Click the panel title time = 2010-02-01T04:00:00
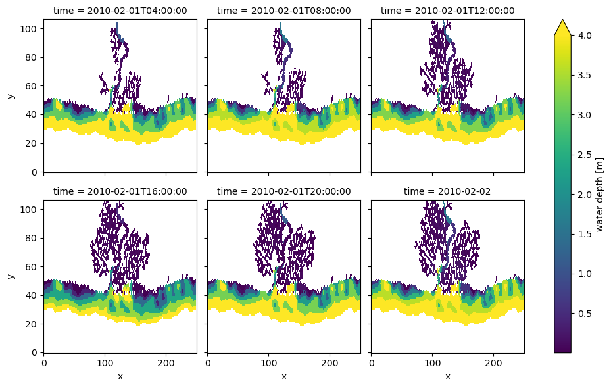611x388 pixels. pos(120,11)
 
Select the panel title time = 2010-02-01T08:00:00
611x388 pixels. pos(283,11)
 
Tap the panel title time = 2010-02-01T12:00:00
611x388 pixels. pos(447,11)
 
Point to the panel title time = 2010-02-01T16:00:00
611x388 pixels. pos(120,191)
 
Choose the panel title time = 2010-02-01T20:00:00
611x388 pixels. pos(283,191)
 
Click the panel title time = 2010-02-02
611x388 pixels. pos(447,191)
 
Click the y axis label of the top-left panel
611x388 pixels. pos(11,95)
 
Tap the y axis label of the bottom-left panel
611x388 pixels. pos(11,276)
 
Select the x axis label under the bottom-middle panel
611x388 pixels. pos(283,377)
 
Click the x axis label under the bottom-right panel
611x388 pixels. pos(447,377)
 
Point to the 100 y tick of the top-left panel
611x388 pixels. pos(31,28)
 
